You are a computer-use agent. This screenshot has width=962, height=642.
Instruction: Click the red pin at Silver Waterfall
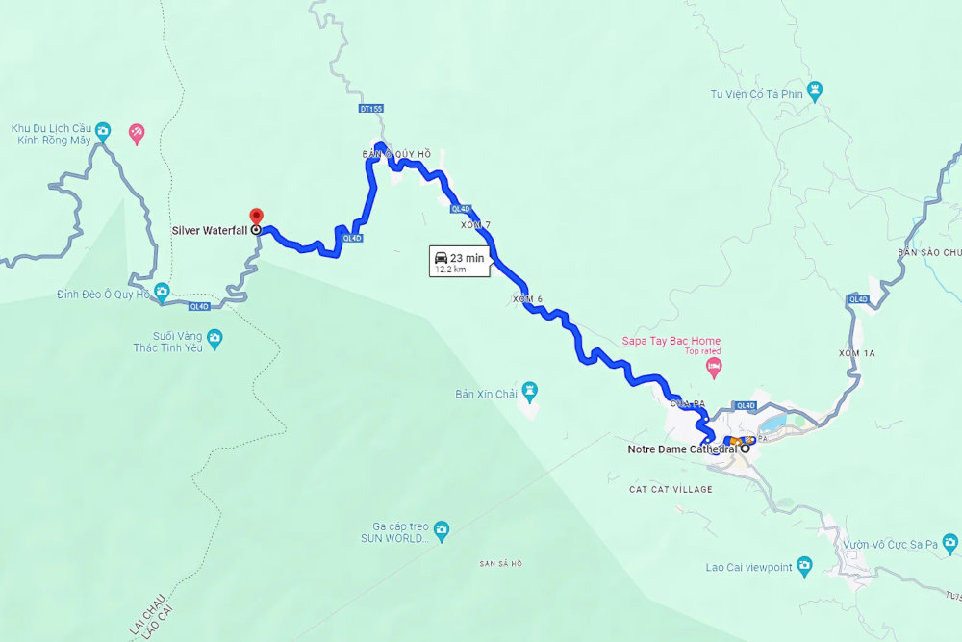tap(255, 215)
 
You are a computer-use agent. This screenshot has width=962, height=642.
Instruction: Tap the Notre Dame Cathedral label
tap(682, 449)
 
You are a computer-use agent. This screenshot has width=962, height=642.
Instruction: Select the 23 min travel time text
tap(467, 257)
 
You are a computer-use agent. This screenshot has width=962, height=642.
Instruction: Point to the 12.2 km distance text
tap(450, 270)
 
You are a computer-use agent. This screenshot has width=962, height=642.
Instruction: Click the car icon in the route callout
tap(441, 257)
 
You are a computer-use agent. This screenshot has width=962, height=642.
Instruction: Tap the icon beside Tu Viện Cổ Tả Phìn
tap(816, 94)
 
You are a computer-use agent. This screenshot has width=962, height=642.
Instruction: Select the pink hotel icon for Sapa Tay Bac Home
tap(714, 367)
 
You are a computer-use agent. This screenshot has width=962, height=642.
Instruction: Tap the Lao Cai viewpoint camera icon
tap(804, 567)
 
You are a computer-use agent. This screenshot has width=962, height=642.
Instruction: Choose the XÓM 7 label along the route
tap(475, 225)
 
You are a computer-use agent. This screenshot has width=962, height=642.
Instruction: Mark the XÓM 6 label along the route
tap(527, 299)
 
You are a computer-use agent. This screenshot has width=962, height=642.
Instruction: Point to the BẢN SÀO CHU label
tap(929, 252)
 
